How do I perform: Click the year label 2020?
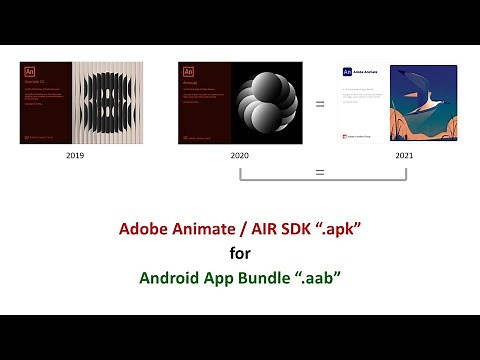[x=239, y=157]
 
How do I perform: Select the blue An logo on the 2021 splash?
[x=346, y=72]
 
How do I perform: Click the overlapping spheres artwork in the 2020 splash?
[x=266, y=103]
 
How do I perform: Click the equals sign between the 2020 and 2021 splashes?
[x=320, y=103]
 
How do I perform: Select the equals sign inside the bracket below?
[x=320, y=173]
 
